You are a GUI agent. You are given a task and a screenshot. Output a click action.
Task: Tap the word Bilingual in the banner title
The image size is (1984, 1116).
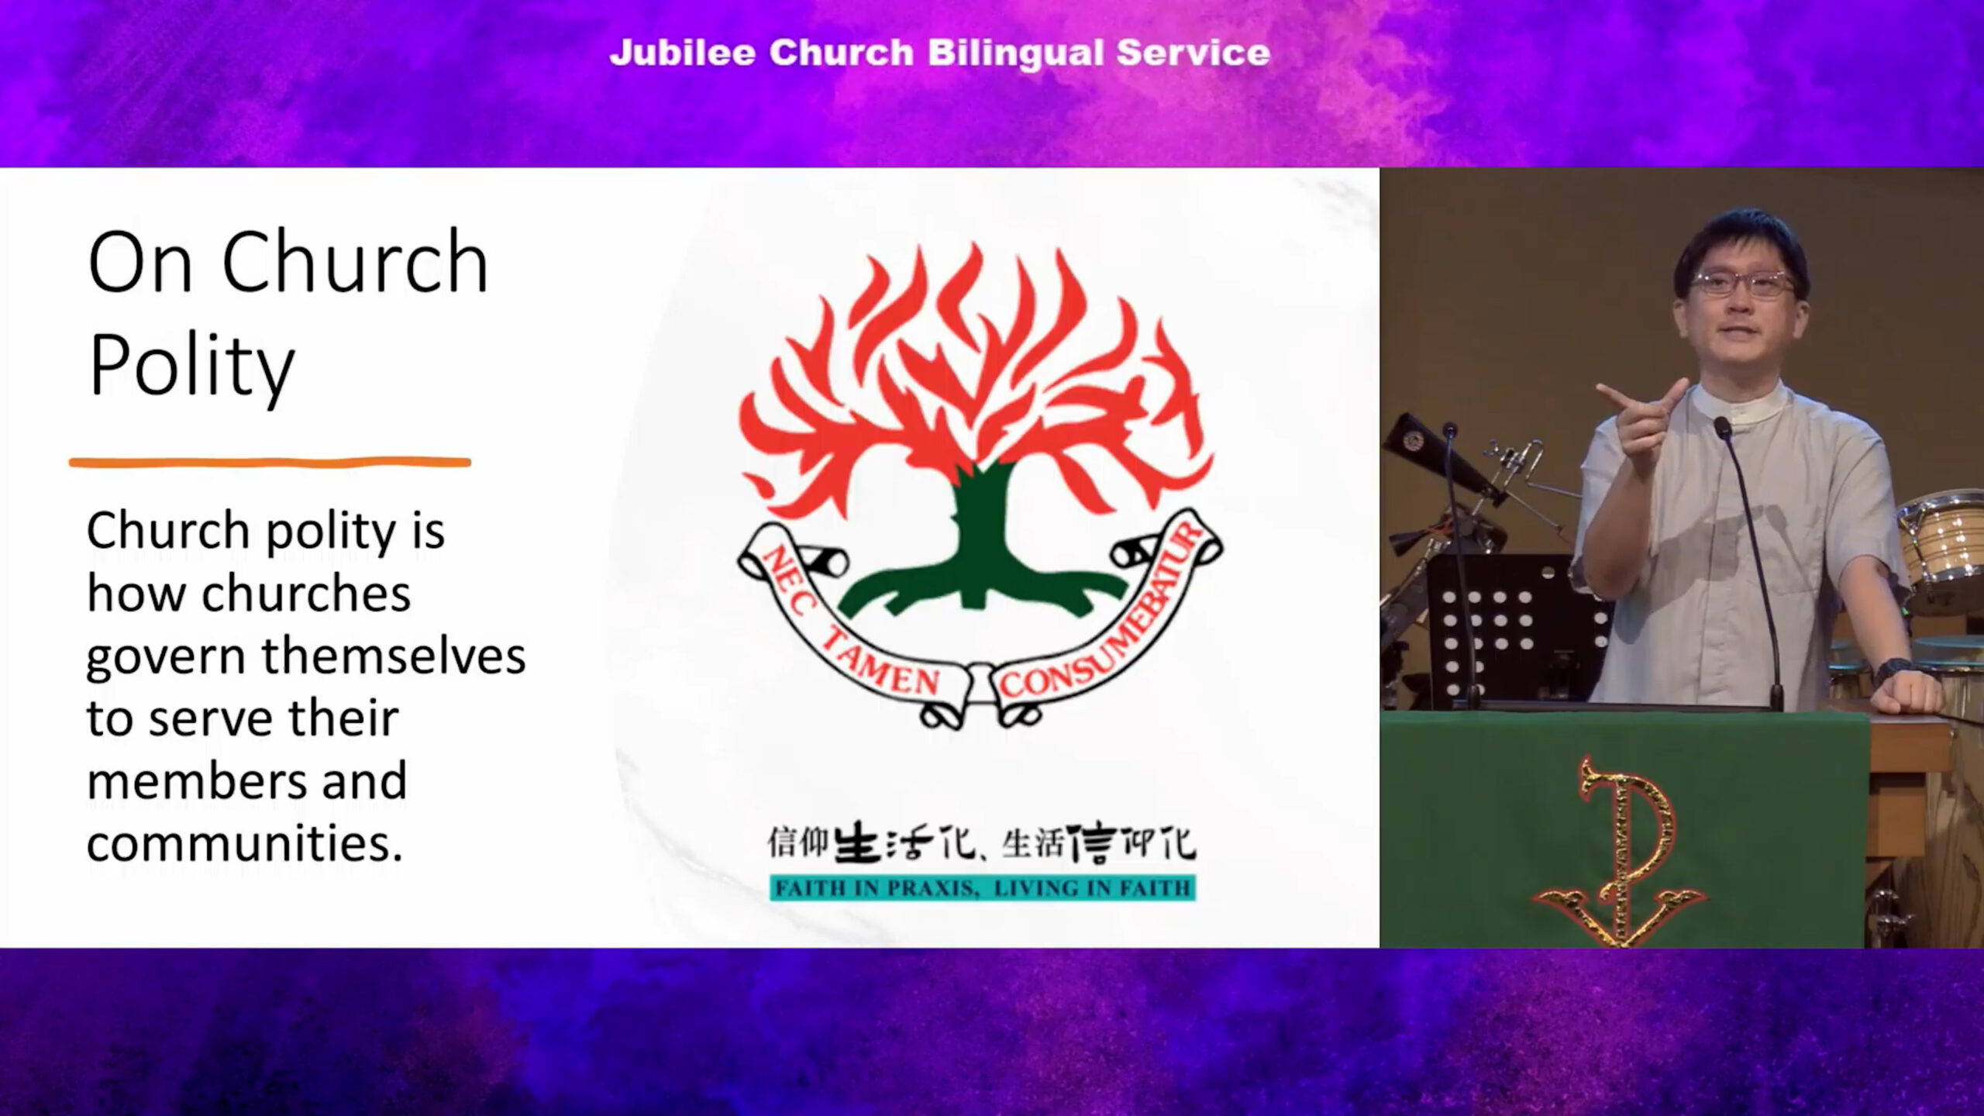[1015, 53]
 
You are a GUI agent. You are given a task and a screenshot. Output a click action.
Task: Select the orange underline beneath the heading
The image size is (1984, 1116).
[270, 463]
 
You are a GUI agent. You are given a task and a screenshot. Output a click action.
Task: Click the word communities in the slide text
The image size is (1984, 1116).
[244, 843]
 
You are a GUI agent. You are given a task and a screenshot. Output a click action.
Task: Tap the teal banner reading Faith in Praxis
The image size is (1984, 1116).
[982, 888]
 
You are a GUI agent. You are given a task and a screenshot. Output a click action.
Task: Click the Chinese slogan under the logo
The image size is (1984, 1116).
[981, 843]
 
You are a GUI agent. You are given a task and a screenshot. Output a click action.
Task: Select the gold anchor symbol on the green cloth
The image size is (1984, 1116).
[1620, 852]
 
